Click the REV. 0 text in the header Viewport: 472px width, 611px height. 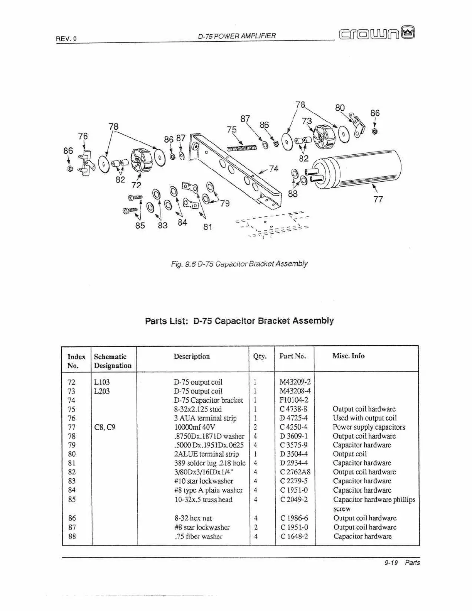[66, 39]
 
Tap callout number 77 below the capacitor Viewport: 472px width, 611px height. [378, 199]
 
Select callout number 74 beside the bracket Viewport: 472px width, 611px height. [273, 169]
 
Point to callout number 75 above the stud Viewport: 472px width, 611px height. [231, 129]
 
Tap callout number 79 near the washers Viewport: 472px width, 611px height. [225, 203]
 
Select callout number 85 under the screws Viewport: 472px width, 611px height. [140, 225]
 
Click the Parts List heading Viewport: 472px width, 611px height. [239, 321]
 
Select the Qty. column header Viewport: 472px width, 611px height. [260, 356]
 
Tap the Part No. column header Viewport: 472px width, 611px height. [293, 356]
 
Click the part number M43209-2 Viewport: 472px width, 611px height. [295, 382]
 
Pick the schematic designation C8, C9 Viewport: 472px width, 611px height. [105, 427]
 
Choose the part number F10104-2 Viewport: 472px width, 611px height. [294, 400]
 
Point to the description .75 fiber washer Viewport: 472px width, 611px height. [199, 536]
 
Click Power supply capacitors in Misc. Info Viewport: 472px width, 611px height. [369, 427]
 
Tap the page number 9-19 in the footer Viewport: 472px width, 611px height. [391, 562]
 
